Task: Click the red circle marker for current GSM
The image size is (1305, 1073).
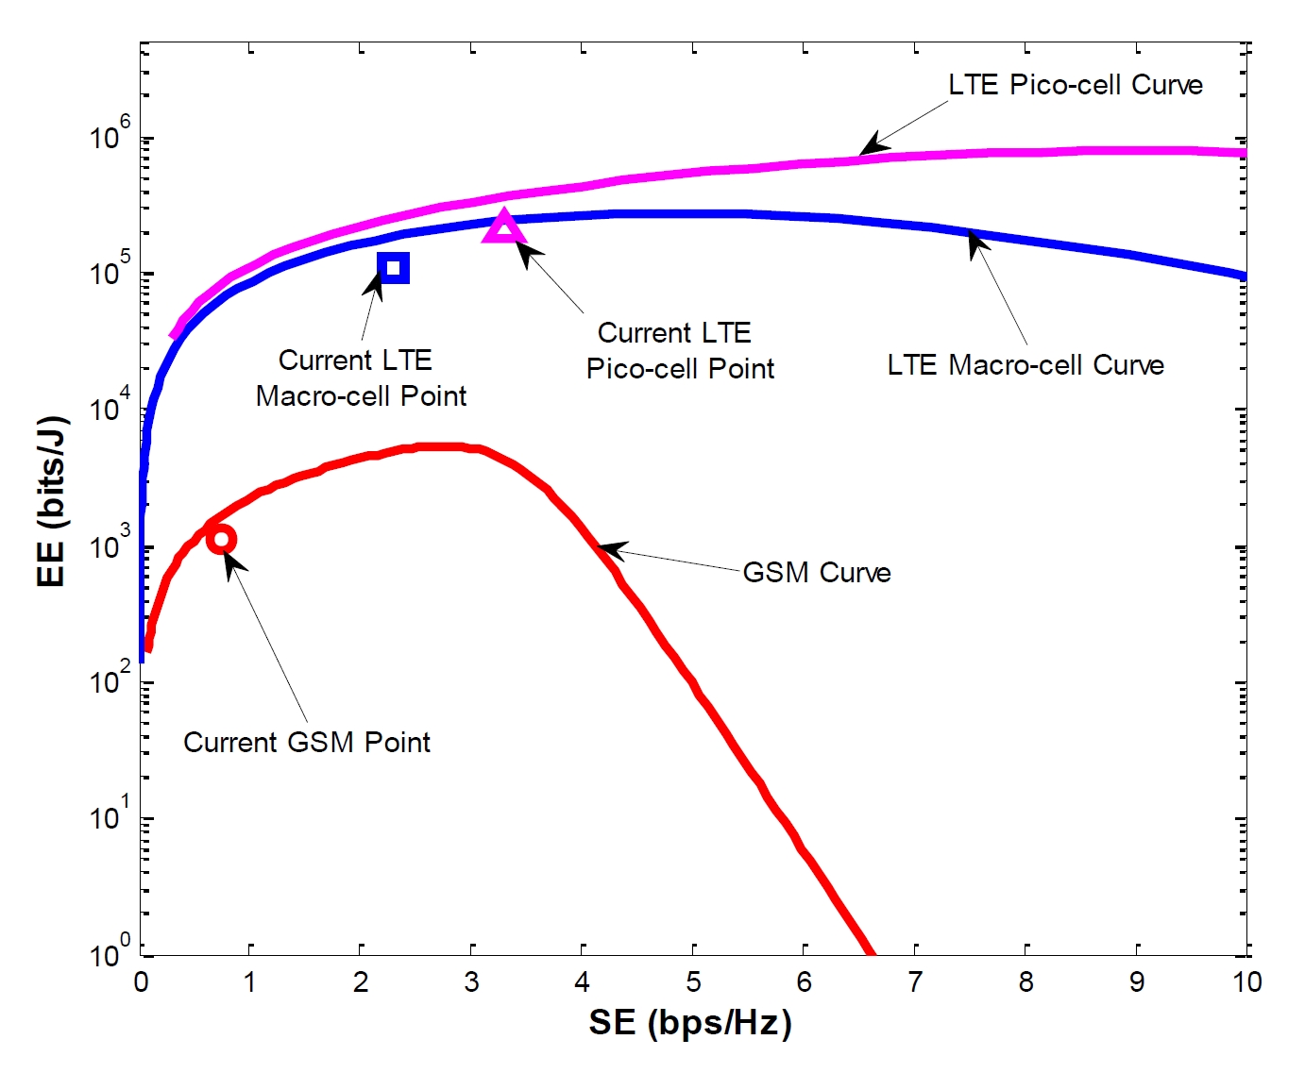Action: click(221, 539)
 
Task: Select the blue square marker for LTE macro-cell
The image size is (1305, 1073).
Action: click(393, 268)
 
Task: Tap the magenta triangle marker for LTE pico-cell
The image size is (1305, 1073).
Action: click(503, 226)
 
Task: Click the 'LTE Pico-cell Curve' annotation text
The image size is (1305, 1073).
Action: click(1075, 85)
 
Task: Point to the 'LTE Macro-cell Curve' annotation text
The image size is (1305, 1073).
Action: click(1025, 365)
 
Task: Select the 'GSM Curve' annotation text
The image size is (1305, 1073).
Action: click(816, 573)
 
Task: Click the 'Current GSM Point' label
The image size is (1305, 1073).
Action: click(306, 743)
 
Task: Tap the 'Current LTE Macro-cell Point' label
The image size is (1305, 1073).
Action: click(360, 378)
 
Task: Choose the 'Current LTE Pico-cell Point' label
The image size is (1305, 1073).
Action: click(679, 351)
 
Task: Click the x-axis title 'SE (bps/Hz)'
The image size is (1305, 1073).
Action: click(689, 1022)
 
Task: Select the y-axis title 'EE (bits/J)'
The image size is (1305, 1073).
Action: click(52, 500)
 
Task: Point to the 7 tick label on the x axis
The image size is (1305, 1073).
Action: click(914, 982)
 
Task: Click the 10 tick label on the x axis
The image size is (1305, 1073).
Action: click(1246, 982)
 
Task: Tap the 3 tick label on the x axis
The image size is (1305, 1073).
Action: click(471, 982)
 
